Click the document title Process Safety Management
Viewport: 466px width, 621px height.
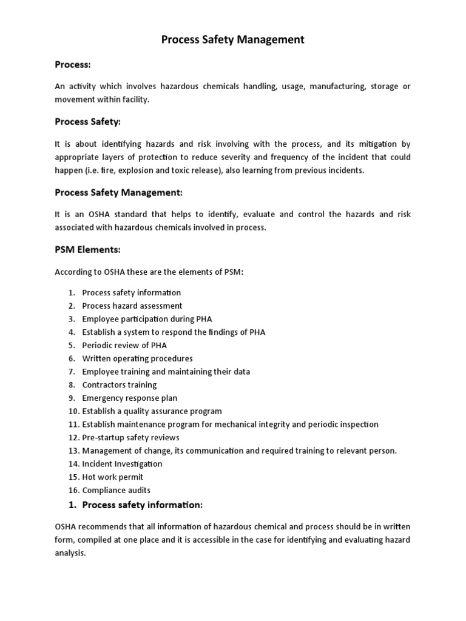point(232,40)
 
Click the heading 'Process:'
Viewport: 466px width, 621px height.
point(73,64)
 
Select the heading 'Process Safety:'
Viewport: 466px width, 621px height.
point(87,122)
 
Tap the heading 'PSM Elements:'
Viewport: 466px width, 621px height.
point(87,249)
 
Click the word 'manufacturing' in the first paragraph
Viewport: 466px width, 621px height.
point(337,87)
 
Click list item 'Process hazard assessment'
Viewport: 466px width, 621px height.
point(132,306)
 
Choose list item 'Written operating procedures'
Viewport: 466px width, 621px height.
point(137,358)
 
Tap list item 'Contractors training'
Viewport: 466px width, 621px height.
point(119,384)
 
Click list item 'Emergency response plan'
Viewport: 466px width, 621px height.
point(130,398)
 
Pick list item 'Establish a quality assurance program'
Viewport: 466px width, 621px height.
point(152,411)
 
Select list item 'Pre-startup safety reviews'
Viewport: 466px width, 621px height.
point(130,437)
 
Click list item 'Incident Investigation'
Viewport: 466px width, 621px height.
point(122,464)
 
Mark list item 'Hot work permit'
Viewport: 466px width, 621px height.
point(112,477)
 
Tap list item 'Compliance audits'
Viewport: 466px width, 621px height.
point(116,490)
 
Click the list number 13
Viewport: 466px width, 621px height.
point(73,451)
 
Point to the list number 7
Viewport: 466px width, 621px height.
point(71,372)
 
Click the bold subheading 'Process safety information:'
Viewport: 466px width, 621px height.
point(141,505)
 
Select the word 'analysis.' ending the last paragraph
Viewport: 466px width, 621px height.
point(71,553)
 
